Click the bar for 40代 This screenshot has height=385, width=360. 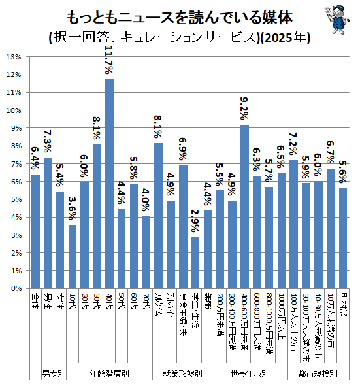(x=109, y=184)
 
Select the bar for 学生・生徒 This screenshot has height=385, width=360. (x=195, y=263)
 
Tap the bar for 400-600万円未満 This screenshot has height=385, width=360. (x=244, y=207)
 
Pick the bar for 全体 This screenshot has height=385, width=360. (x=35, y=231)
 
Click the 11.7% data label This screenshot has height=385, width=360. (x=109, y=59)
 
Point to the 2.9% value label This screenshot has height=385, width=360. (x=195, y=221)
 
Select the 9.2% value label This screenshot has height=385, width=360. (x=244, y=109)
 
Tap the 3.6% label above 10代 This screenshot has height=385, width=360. (x=72, y=209)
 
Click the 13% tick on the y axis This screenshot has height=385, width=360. (x=14, y=57)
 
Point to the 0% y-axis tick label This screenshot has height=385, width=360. (x=16, y=288)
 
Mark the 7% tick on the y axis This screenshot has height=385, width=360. (x=16, y=164)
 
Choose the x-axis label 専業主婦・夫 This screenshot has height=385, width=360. (x=183, y=314)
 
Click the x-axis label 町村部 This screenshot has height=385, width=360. (x=343, y=305)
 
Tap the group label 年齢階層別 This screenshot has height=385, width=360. (x=110, y=373)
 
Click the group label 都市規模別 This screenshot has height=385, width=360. (x=318, y=373)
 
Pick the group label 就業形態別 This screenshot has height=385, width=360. (x=183, y=373)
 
